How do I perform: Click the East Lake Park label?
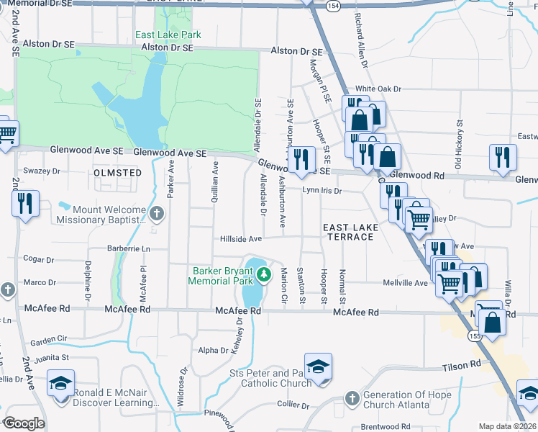169,35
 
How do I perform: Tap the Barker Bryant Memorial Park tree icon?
264,274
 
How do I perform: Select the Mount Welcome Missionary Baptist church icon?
158,213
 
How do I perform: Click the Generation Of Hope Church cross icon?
352,397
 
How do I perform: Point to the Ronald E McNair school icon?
60,383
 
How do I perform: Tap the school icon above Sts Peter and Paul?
317,366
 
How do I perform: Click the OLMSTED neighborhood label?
117,173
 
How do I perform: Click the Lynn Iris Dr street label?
321,191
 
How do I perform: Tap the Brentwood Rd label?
385,427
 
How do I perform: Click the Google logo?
24,423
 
